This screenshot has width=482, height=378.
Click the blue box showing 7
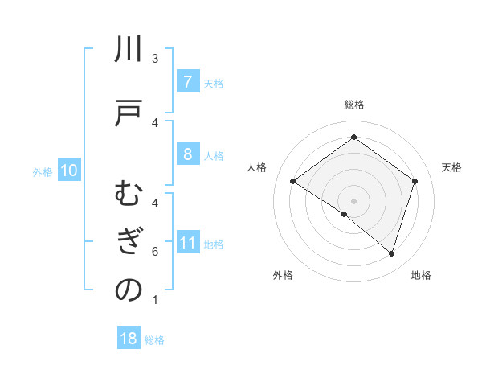coord(187,82)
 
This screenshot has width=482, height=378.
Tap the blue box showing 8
coord(187,154)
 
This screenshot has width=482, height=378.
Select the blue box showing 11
coord(187,244)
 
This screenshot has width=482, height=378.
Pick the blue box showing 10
coord(68,171)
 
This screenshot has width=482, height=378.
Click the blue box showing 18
coord(129,339)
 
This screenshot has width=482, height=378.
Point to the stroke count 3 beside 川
coord(155,59)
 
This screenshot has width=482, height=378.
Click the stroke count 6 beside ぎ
coord(155,253)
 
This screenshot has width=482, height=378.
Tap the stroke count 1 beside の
coord(155,300)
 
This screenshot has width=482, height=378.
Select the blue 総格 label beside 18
coord(154,340)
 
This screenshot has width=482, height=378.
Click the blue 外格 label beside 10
coord(43,172)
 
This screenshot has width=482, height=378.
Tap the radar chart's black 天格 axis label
coord(452,167)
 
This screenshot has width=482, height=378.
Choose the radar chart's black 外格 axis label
coord(283,275)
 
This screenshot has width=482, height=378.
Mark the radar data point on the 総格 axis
coord(353,138)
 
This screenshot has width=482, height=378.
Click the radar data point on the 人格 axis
coord(293,182)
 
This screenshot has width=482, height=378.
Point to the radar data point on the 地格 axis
coord(392,254)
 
